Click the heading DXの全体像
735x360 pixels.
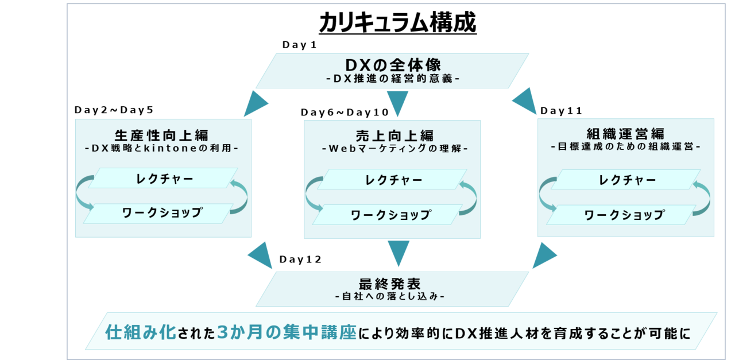[x=393, y=64]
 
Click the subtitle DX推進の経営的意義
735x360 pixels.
[x=393, y=79]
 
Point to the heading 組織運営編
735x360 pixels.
[x=625, y=134]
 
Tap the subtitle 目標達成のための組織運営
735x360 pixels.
[x=625, y=146]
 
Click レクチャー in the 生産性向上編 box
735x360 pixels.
[x=165, y=178]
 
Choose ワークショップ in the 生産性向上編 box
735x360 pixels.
[x=162, y=212]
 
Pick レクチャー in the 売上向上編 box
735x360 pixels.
[x=394, y=180]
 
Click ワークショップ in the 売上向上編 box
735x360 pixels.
[x=390, y=215]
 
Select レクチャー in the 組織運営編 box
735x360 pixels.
[x=627, y=180]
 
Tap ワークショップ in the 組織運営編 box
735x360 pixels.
[x=624, y=215]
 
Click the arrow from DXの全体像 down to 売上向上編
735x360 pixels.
[x=397, y=103]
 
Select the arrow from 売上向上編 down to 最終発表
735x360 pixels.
[x=398, y=253]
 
